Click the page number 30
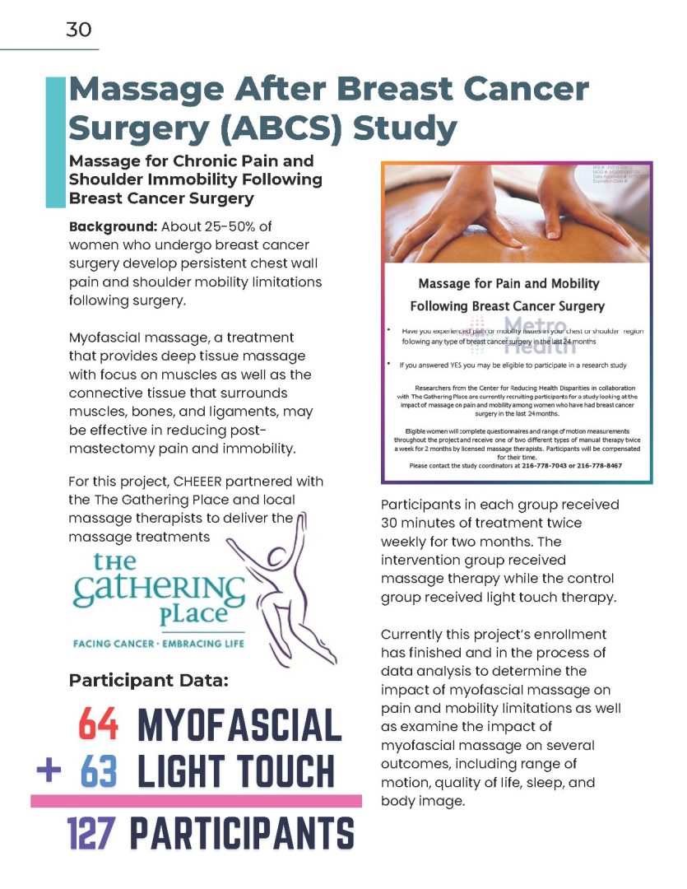pos(79,30)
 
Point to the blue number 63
pos(99,772)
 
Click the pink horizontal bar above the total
pos(196,800)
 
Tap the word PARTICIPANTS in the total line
pos(242,832)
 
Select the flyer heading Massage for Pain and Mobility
pos(509,284)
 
